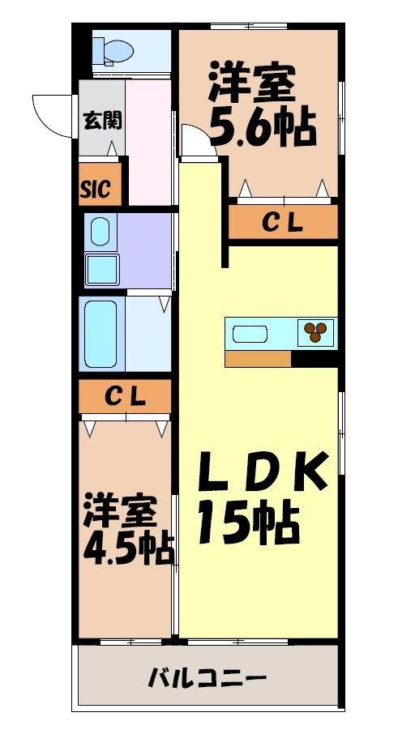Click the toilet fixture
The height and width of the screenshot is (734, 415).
coord(113,52)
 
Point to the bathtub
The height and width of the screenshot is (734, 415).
coord(101,334)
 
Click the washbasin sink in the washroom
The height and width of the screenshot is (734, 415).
coord(100,232)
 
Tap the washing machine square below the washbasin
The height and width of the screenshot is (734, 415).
coord(103,267)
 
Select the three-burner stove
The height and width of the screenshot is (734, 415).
coord(315,330)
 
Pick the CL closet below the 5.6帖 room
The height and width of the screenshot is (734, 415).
coord(282,222)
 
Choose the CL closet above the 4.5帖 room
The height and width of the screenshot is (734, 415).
coord(126,397)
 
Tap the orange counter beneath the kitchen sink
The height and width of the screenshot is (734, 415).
coord(258,359)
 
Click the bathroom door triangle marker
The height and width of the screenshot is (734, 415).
coord(165,304)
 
